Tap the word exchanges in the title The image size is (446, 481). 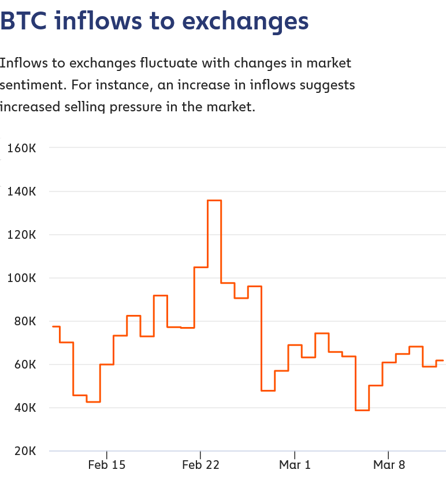point(245,21)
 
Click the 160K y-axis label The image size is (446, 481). point(22,148)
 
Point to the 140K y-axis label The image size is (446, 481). point(22,191)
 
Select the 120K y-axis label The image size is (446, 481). point(22,235)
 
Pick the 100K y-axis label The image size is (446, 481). point(22,278)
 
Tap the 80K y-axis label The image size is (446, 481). point(24,321)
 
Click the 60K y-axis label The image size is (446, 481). point(24,364)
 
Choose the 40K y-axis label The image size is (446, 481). point(24,408)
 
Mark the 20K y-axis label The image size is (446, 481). point(24,451)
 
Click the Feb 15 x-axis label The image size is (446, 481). point(107,465)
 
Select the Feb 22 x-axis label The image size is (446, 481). point(200,465)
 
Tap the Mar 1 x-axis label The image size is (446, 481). point(295,465)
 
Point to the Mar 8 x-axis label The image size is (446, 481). point(389,465)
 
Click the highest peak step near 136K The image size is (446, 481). point(214,200)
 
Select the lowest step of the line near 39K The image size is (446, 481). point(362,410)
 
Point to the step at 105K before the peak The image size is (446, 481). point(201,267)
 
